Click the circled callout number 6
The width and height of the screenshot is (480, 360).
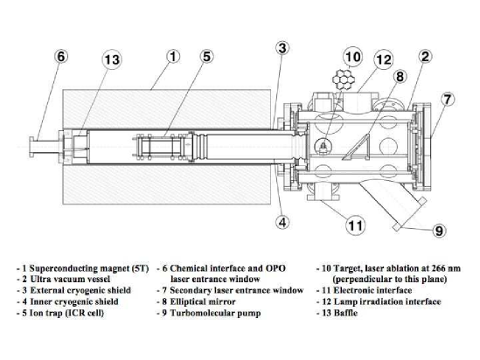point(60,56)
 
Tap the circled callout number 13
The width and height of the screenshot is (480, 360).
point(111,59)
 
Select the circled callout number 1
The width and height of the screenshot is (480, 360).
point(173,56)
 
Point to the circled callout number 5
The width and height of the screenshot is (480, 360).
point(206,56)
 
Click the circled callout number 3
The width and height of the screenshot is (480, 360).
point(282,48)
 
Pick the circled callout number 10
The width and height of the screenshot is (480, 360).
point(352,57)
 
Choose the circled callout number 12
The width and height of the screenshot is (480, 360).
point(383,59)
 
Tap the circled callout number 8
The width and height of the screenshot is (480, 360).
point(400,76)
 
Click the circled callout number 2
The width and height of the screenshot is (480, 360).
point(425,56)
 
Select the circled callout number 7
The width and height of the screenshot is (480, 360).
point(448,99)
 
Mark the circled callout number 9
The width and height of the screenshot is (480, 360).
point(439,231)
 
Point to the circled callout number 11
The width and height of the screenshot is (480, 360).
point(355,225)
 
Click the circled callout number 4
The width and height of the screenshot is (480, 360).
point(282,222)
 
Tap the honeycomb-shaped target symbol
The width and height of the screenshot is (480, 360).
point(344,80)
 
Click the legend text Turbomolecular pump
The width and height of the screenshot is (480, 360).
point(215,313)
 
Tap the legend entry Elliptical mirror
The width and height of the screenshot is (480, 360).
point(203,301)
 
